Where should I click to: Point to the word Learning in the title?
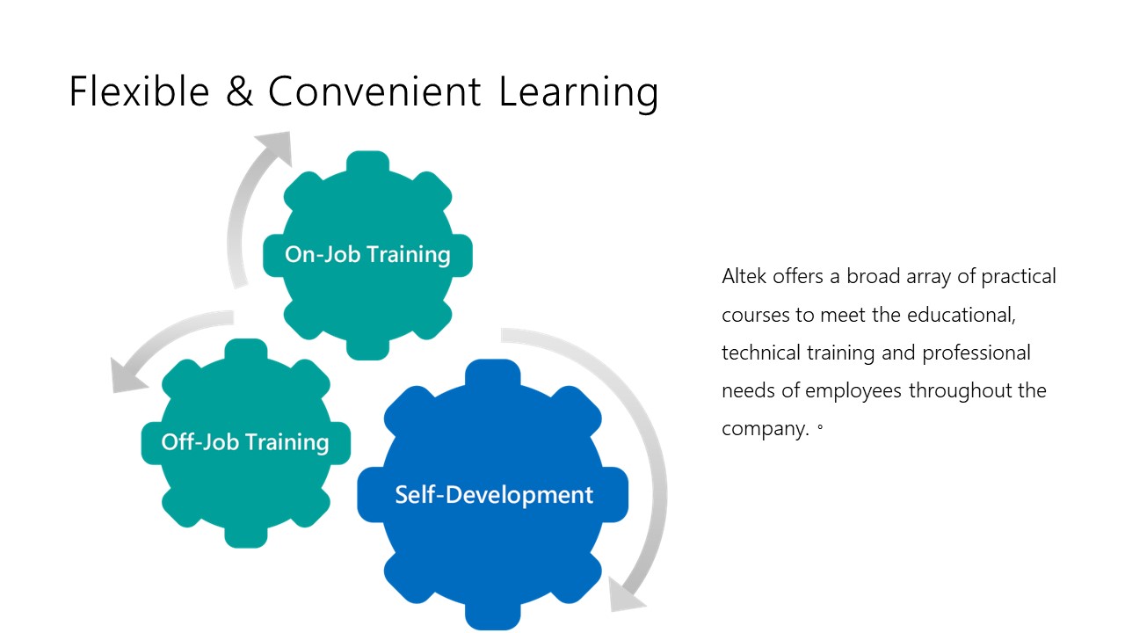point(578,94)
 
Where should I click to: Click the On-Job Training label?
point(367,254)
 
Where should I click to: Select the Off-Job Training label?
point(245,442)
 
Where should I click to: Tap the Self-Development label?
point(494,495)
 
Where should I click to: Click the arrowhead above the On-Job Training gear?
point(277,146)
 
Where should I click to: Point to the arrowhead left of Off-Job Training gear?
point(126,377)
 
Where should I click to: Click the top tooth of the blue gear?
point(493,373)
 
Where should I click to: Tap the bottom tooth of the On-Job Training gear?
point(367,349)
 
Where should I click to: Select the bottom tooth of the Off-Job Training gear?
point(245,536)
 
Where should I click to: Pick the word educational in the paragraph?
point(962,316)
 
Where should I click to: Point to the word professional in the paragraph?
point(976,353)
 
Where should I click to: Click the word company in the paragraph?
point(766,430)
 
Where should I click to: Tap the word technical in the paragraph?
point(761,353)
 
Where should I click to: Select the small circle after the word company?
point(820,428)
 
